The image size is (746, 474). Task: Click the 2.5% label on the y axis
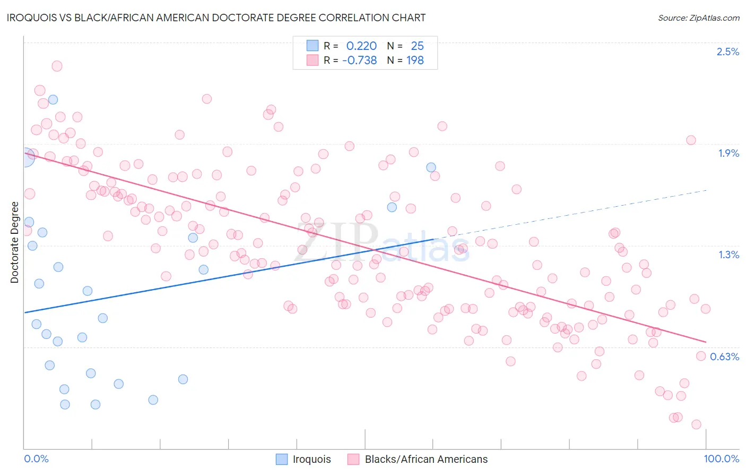click(727, 52)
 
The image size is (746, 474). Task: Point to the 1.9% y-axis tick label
click(728, 153)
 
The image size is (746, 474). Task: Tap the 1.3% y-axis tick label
click(728, 255)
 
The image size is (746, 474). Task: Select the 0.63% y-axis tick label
click(724, 357)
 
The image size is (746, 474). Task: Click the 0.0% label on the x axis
click(37, 459)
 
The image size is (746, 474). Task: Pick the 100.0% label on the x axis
click(721, 459)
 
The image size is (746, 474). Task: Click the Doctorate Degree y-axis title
click(14, 242)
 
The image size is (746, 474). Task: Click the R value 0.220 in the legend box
click(361, 46)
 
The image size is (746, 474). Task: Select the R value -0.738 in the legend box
click(359, 60)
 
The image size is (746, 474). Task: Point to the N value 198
click(415, 60)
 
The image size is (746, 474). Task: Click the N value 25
click(417, 46)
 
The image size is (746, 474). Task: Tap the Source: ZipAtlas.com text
click(698, 18)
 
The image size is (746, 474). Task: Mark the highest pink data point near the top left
click(57, 66)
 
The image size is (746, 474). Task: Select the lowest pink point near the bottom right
click(696, 424)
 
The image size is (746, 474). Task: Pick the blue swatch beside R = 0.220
click(313, 46)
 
